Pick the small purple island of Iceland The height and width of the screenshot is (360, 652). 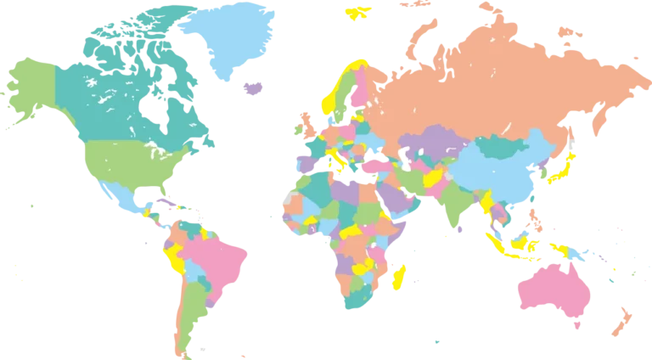click(x=250, y=87)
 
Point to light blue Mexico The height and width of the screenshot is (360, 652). click(x=119, y=194)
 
